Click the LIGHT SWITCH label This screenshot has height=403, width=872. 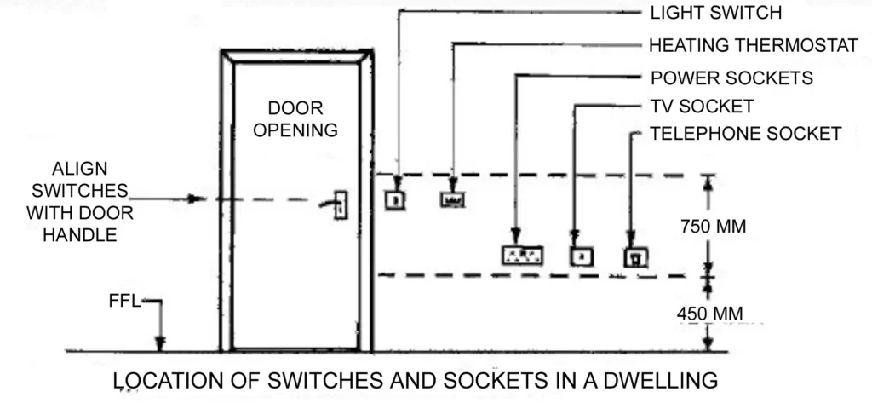(714, 13)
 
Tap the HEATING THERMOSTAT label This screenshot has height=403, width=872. (754, 45)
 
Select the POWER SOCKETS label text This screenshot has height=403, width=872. (731, 78)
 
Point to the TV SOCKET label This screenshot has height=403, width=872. (702, 107)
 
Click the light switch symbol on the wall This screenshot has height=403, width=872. (397, 200)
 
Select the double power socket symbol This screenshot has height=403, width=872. (523, 254)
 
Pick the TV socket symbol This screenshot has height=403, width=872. (580, 255)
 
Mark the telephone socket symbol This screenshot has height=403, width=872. (635, 256)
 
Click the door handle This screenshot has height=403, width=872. (339, 204)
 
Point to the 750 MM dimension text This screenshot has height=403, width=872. (714, 227)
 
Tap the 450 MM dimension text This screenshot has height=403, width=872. (709, 314)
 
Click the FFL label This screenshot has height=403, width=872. (123, 301)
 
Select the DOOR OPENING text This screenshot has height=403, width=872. (296, 119)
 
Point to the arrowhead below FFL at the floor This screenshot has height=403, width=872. (159, 344)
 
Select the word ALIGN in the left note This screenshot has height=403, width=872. (79, 169)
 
